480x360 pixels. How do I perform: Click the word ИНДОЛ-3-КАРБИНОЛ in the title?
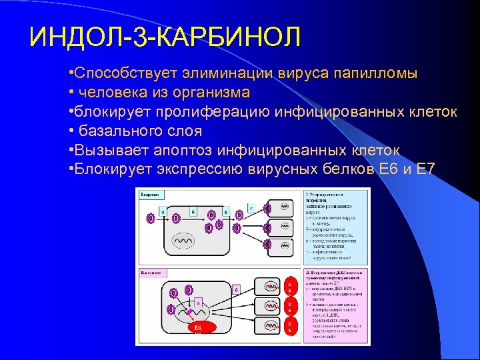165,36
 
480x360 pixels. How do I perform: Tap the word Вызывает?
106,149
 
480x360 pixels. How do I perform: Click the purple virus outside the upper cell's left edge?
151,217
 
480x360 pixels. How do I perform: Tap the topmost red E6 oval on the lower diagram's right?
289,287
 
